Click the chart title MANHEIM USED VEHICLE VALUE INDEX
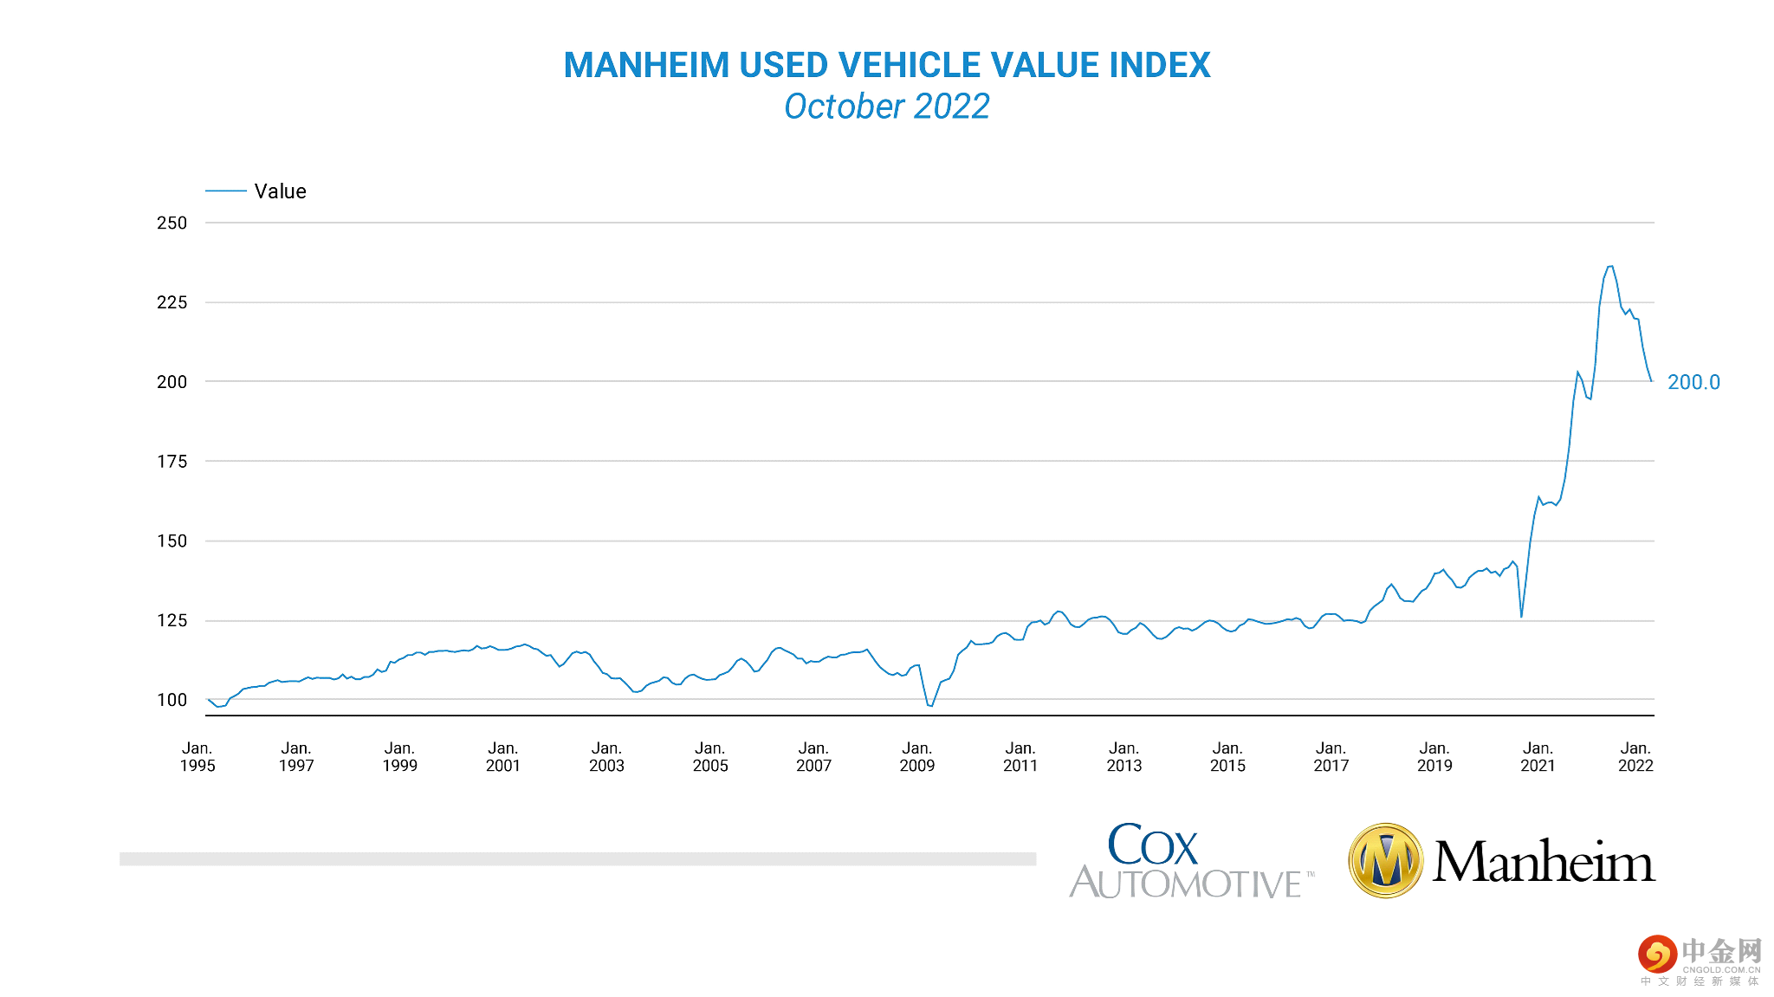click(886, 66)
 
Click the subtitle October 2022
click(886, 107)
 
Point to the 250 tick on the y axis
click(172, 223)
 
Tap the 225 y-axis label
click(172, 302)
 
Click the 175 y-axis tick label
click(172, 462)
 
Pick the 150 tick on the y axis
click(172, 541)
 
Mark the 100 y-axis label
click(172, 700)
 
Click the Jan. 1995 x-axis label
click(197, 757)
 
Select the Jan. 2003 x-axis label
click(606, 757)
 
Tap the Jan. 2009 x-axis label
click(916, 757)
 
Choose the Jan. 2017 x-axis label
click(1330, 757)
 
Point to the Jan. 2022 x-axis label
click(1635, 757)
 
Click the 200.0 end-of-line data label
click(1693, 382)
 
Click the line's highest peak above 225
click(1610, 267)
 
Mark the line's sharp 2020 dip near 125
click(1521, 616)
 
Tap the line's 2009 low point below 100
click(930, 706)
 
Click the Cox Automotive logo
click(1190, 861)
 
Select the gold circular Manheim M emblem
click(1386, 861)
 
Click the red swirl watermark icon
click(1657, 955)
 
